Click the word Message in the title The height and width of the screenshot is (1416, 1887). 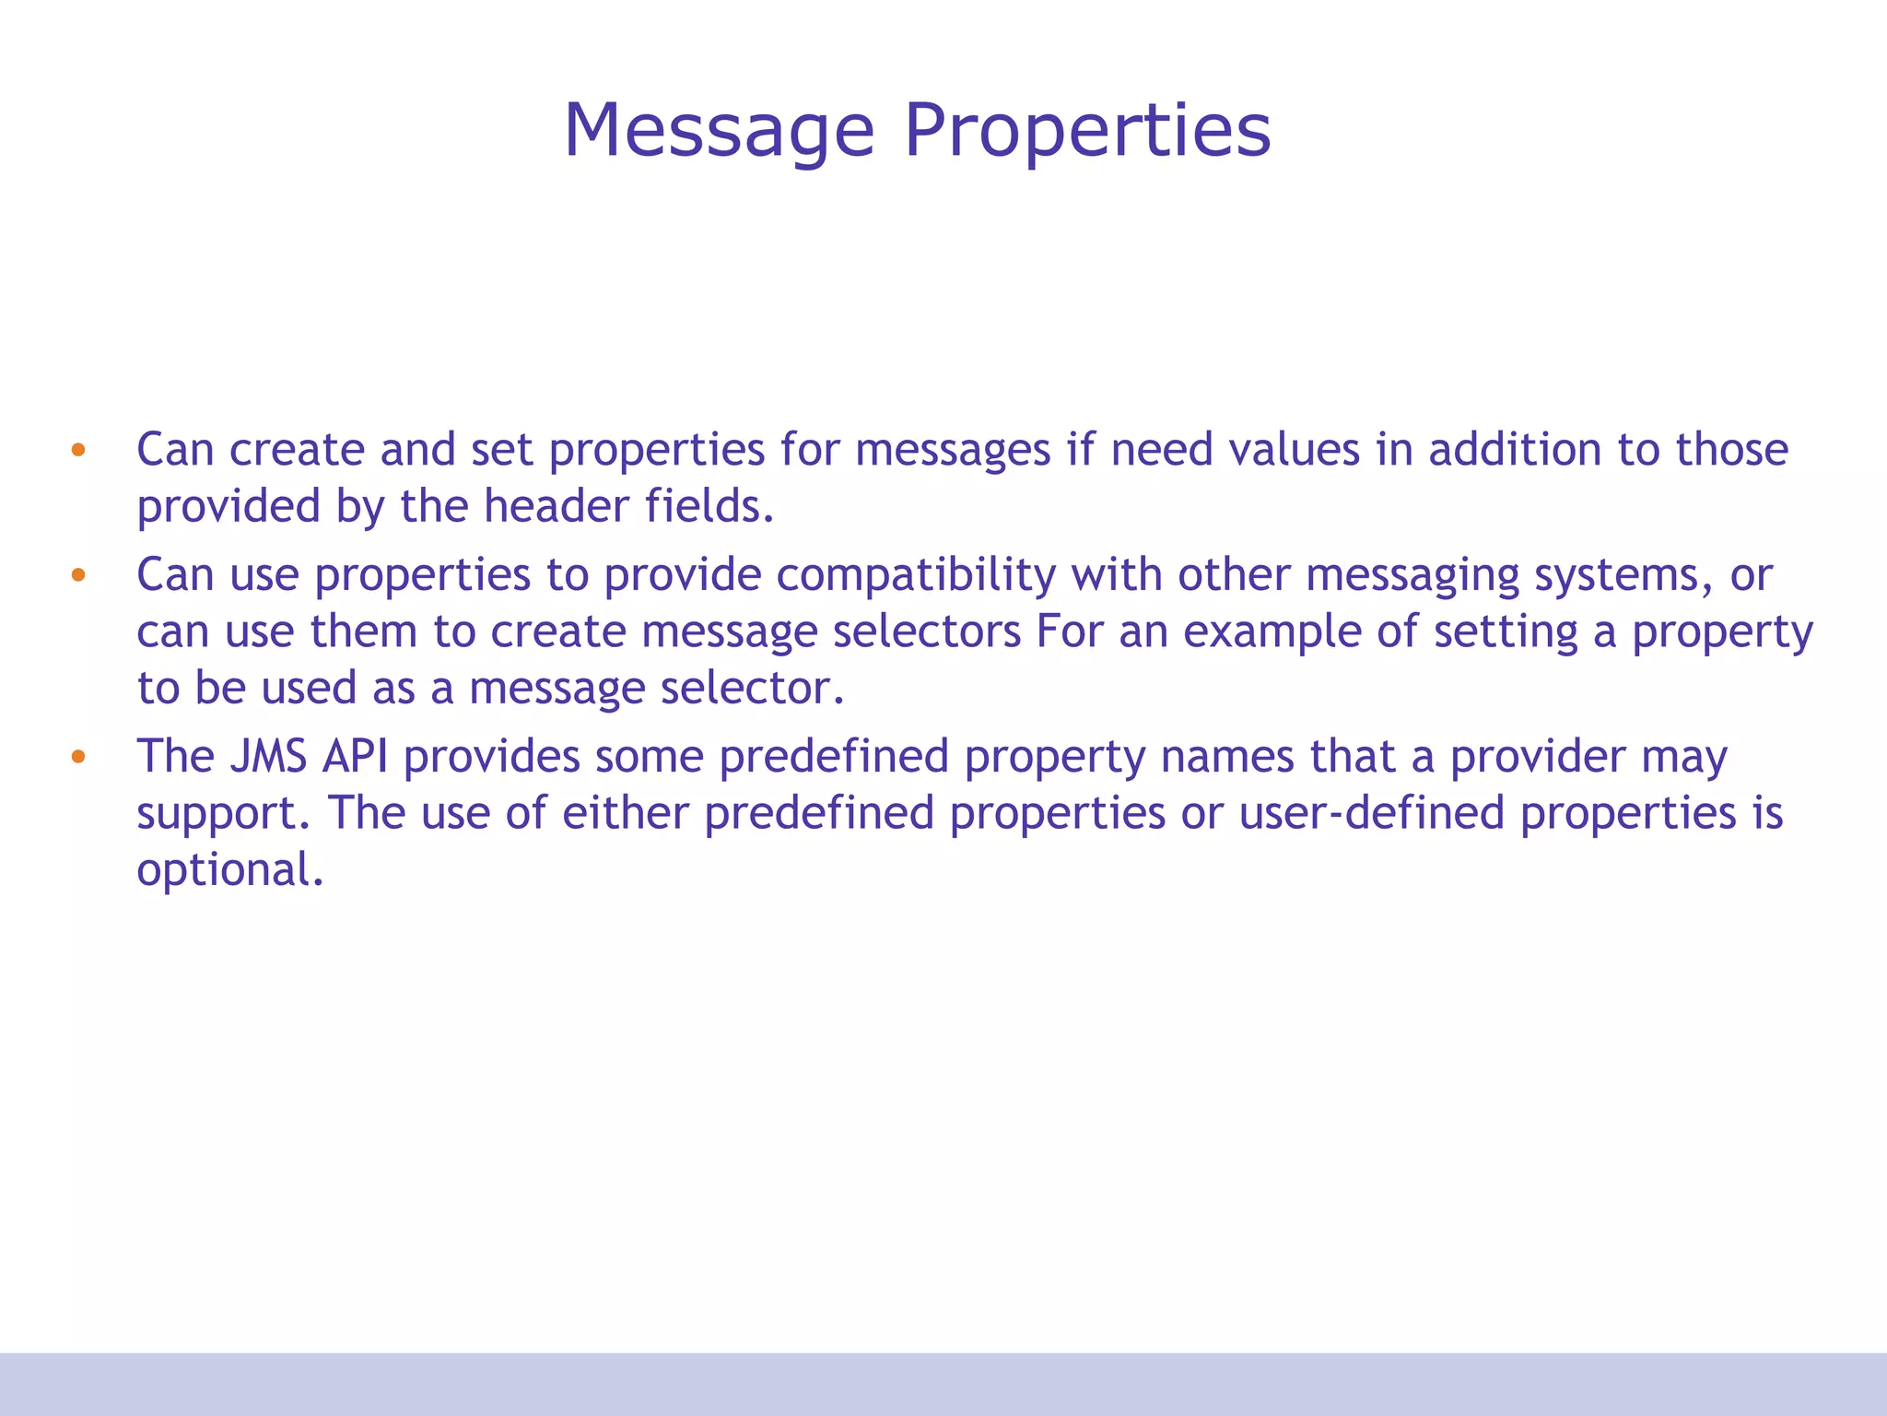tap(719, 131)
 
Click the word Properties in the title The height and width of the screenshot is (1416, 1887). tap(1087, 131)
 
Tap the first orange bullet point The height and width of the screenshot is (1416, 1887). tap(78, 451)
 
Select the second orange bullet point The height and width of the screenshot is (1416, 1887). tap(78, 576)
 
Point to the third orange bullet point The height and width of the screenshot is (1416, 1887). tap(78, 758)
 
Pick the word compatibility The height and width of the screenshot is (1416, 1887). tap(916, 576)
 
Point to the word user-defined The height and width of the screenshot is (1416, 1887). tap(1372, 813)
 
